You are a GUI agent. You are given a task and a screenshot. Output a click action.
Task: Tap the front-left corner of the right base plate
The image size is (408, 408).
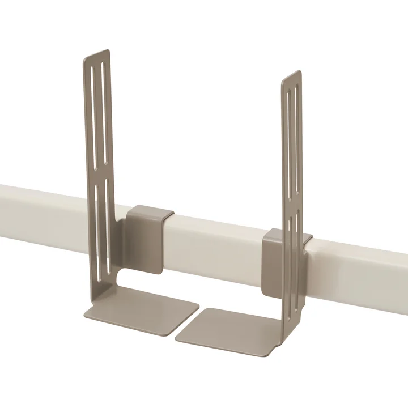[177, 340]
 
